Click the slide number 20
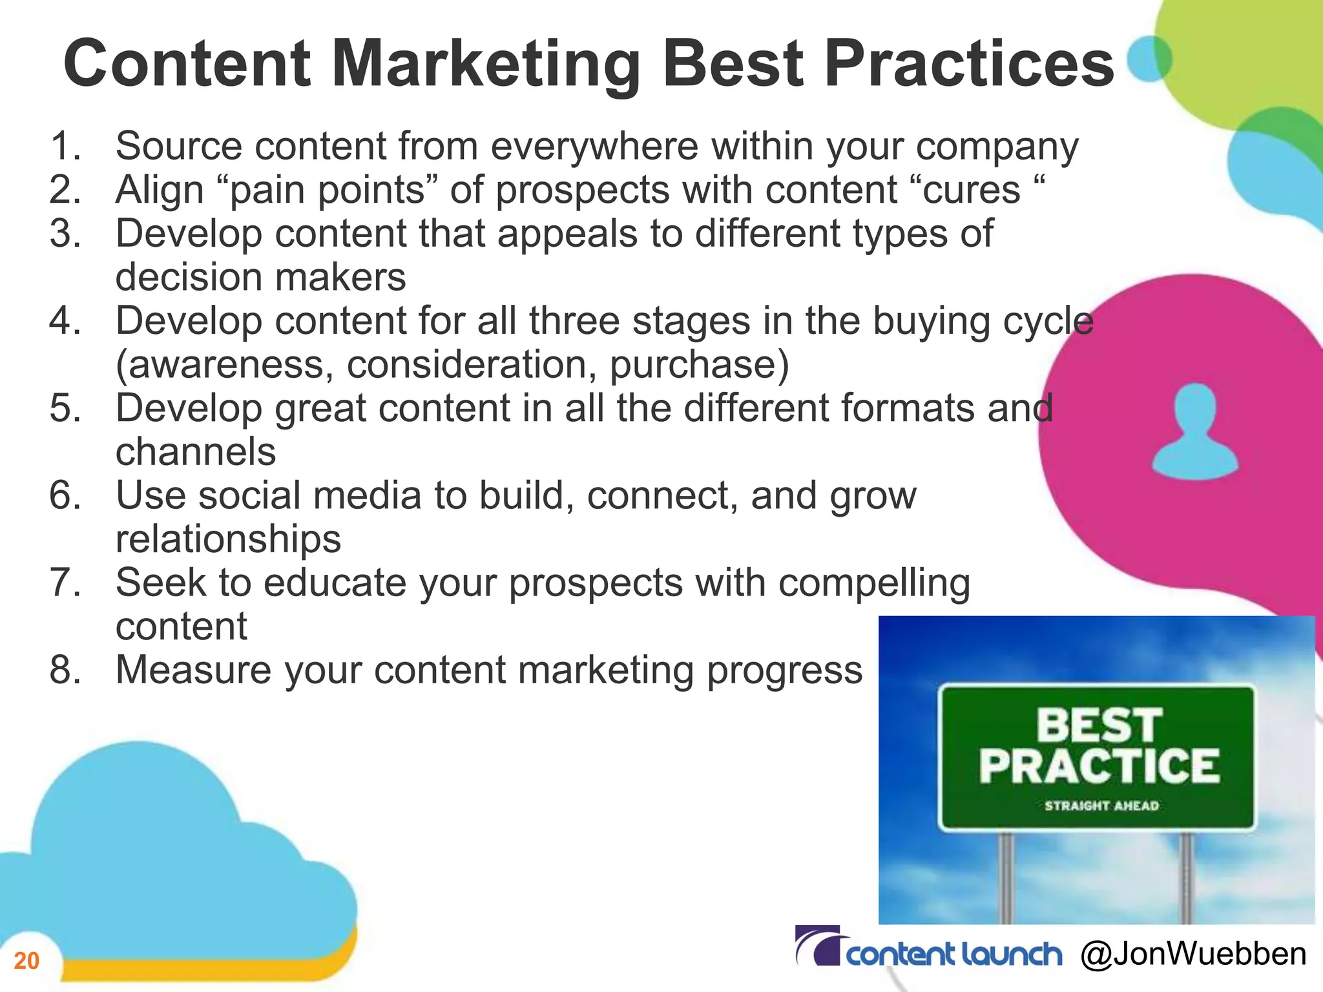tap(26, 961)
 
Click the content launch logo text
tap(953, 955)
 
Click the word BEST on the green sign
tap(1099, 725)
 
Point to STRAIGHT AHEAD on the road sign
tap(1101, 806)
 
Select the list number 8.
tap(65, 670)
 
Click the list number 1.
tap(65, 146)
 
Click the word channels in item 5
tap(196, 451)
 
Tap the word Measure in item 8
tap(193, 670)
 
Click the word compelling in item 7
tap(874, 583)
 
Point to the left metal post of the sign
tap(1006, 878)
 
